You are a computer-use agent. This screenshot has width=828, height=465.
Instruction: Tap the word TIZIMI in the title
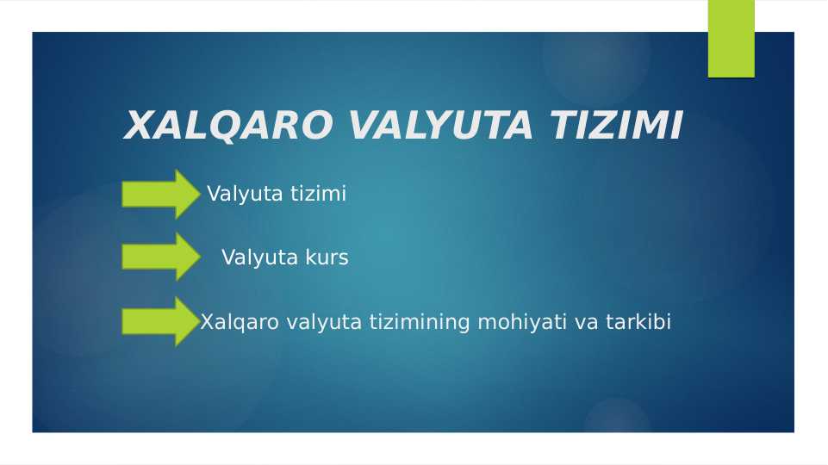615,127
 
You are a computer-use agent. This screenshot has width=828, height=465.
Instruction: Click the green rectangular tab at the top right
731,39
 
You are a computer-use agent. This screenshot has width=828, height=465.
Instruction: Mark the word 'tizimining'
420,323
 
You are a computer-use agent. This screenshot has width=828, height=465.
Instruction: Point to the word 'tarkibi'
638,323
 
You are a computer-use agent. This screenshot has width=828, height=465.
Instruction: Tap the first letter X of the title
138,127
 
